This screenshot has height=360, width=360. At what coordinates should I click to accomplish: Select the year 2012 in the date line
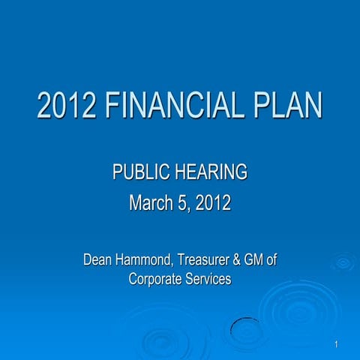coord(213,202)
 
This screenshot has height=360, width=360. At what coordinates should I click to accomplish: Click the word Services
coord(208,278)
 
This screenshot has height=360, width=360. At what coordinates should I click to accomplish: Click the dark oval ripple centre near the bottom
coord(247,328)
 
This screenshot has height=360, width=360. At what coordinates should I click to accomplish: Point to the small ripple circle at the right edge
coord(343,262)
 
